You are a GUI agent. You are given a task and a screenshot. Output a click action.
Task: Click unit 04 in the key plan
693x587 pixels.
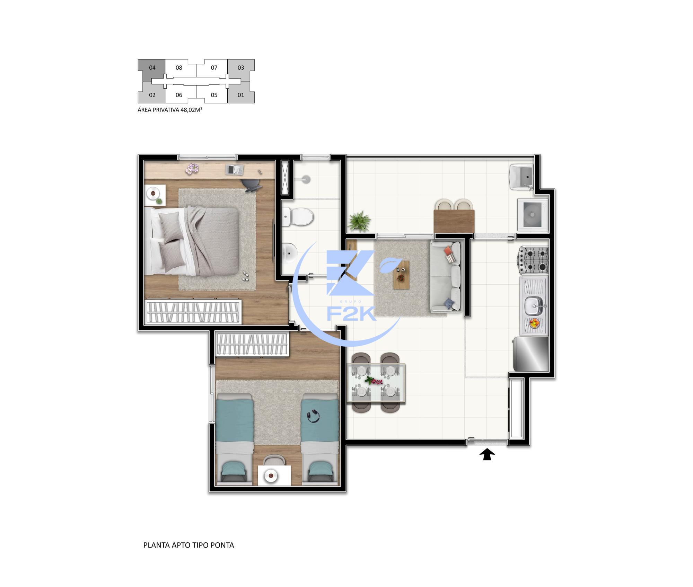click(152, 68)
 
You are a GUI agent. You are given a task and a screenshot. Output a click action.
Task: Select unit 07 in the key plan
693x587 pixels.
click(214, 68)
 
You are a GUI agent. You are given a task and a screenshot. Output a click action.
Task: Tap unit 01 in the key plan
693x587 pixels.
click(241, 95)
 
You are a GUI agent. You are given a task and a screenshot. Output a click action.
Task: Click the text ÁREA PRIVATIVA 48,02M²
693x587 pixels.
click(170, 110)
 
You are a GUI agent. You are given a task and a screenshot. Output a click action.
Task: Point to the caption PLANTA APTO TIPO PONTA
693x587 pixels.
click(188, 545)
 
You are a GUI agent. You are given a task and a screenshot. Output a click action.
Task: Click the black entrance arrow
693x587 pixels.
click(487, 454)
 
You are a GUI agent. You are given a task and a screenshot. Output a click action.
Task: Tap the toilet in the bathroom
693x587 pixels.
click(298, 216)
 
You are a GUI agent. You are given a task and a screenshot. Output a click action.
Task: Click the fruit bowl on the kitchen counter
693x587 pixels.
click(534, 323)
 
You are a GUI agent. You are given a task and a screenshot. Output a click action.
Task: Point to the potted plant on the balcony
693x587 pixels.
click(359, 221)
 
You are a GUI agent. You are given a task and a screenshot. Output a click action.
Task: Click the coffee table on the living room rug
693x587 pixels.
click(401, 275)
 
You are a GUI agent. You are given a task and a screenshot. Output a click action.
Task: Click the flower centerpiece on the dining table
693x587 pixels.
click(374, 381)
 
